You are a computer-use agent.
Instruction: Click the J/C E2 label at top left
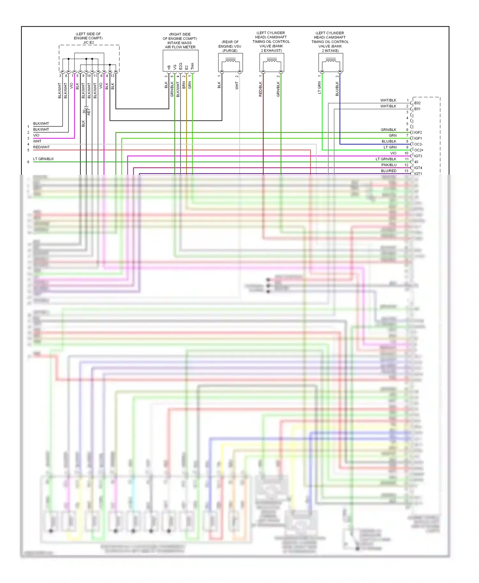pyautogui.click(x=88, y=42)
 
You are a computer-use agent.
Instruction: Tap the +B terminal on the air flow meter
pyautogui.click(x=169, y=67)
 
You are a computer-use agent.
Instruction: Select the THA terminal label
pyautogui.click(x=192, y=66)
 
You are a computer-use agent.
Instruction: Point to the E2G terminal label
pyautogui.click(x=180, y=66)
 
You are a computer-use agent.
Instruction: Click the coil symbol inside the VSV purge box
pyautogui.click(x=231, y=60)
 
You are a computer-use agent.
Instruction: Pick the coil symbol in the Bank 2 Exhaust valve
pyautogui.click(x=272, y=60)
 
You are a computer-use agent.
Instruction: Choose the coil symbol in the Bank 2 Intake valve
pyautogui.click(x=331, y=60)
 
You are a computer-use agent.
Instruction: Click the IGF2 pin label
pyautogui.click(x=418, y=132)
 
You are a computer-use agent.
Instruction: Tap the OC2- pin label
pyautogui.click(x=418, y=144)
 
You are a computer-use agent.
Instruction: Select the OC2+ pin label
pyautogui.click(x=419, y=150)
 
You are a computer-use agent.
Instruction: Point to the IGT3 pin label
pyautogui.click(x=418, y=156)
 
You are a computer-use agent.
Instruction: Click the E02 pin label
pyautogui.click(x=417, y=103)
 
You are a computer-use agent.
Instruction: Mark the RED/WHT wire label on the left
pyautogui.click(x=42, y=147)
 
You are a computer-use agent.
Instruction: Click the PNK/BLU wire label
pyautogui.click(x=389, y=165)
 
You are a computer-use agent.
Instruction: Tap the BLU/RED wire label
pyautogui.click(x=389, y=171)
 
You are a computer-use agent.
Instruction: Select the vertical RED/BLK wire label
pyautogui.click(x=260, y=89)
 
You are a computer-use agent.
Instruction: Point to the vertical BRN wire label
pyautogui.click(x=184, y=85)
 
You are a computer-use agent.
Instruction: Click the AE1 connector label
pyautogui.click(x=89, y=112)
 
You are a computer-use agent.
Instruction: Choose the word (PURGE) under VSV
pyautogui.click(x=230, y=51)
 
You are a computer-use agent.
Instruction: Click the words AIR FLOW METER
pyautogui.click(x=180, y=47)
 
